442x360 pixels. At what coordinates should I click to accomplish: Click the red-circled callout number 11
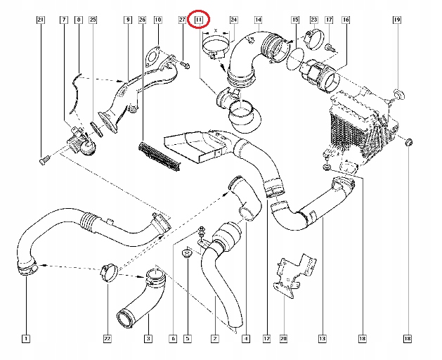(x=200, y=20)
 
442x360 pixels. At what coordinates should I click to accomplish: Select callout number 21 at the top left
(x=40, y=20)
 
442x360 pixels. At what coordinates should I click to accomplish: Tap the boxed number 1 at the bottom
(x=25, y=339)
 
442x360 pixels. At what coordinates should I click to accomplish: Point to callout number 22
(x=107, y=339)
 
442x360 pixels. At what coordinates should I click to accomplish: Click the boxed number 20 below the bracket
(x=283, y=339)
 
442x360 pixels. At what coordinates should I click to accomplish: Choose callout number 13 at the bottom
(x=323, y=339)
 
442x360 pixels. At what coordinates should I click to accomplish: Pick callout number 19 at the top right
(x=396, y=20)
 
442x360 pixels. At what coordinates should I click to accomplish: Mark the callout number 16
(x=345, y=20)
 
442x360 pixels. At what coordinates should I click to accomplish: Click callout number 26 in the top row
(x=142, y=20)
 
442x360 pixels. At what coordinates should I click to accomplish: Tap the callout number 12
(x=267, y=339)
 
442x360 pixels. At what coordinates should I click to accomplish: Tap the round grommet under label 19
(x=398, y=95)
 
